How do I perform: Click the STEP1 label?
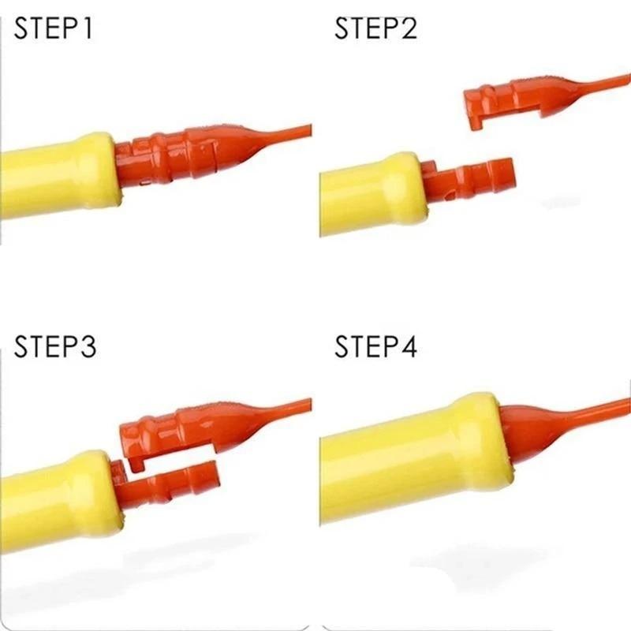click(x=53, y=28)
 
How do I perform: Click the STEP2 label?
click(x=376, y=28)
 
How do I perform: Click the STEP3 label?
click(x=55, y=346)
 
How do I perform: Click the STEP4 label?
click(x=376, y=346)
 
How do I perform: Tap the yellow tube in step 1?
click(x=61, y=177)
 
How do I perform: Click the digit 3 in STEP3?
click(x=88, y=346)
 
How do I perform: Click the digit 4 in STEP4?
click(x=409, y=346)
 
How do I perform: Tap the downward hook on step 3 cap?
click(x=136, y=462)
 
